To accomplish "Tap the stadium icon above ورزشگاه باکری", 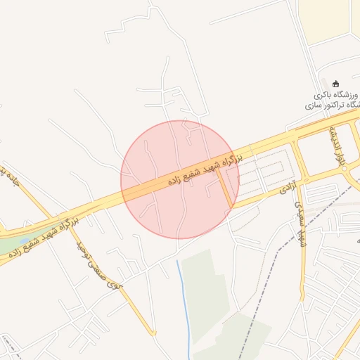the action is pos(335,83).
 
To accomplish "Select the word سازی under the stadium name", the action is pos(314,104).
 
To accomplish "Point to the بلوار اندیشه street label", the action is pos(340,146).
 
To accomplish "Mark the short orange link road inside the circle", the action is pos(225,188).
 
